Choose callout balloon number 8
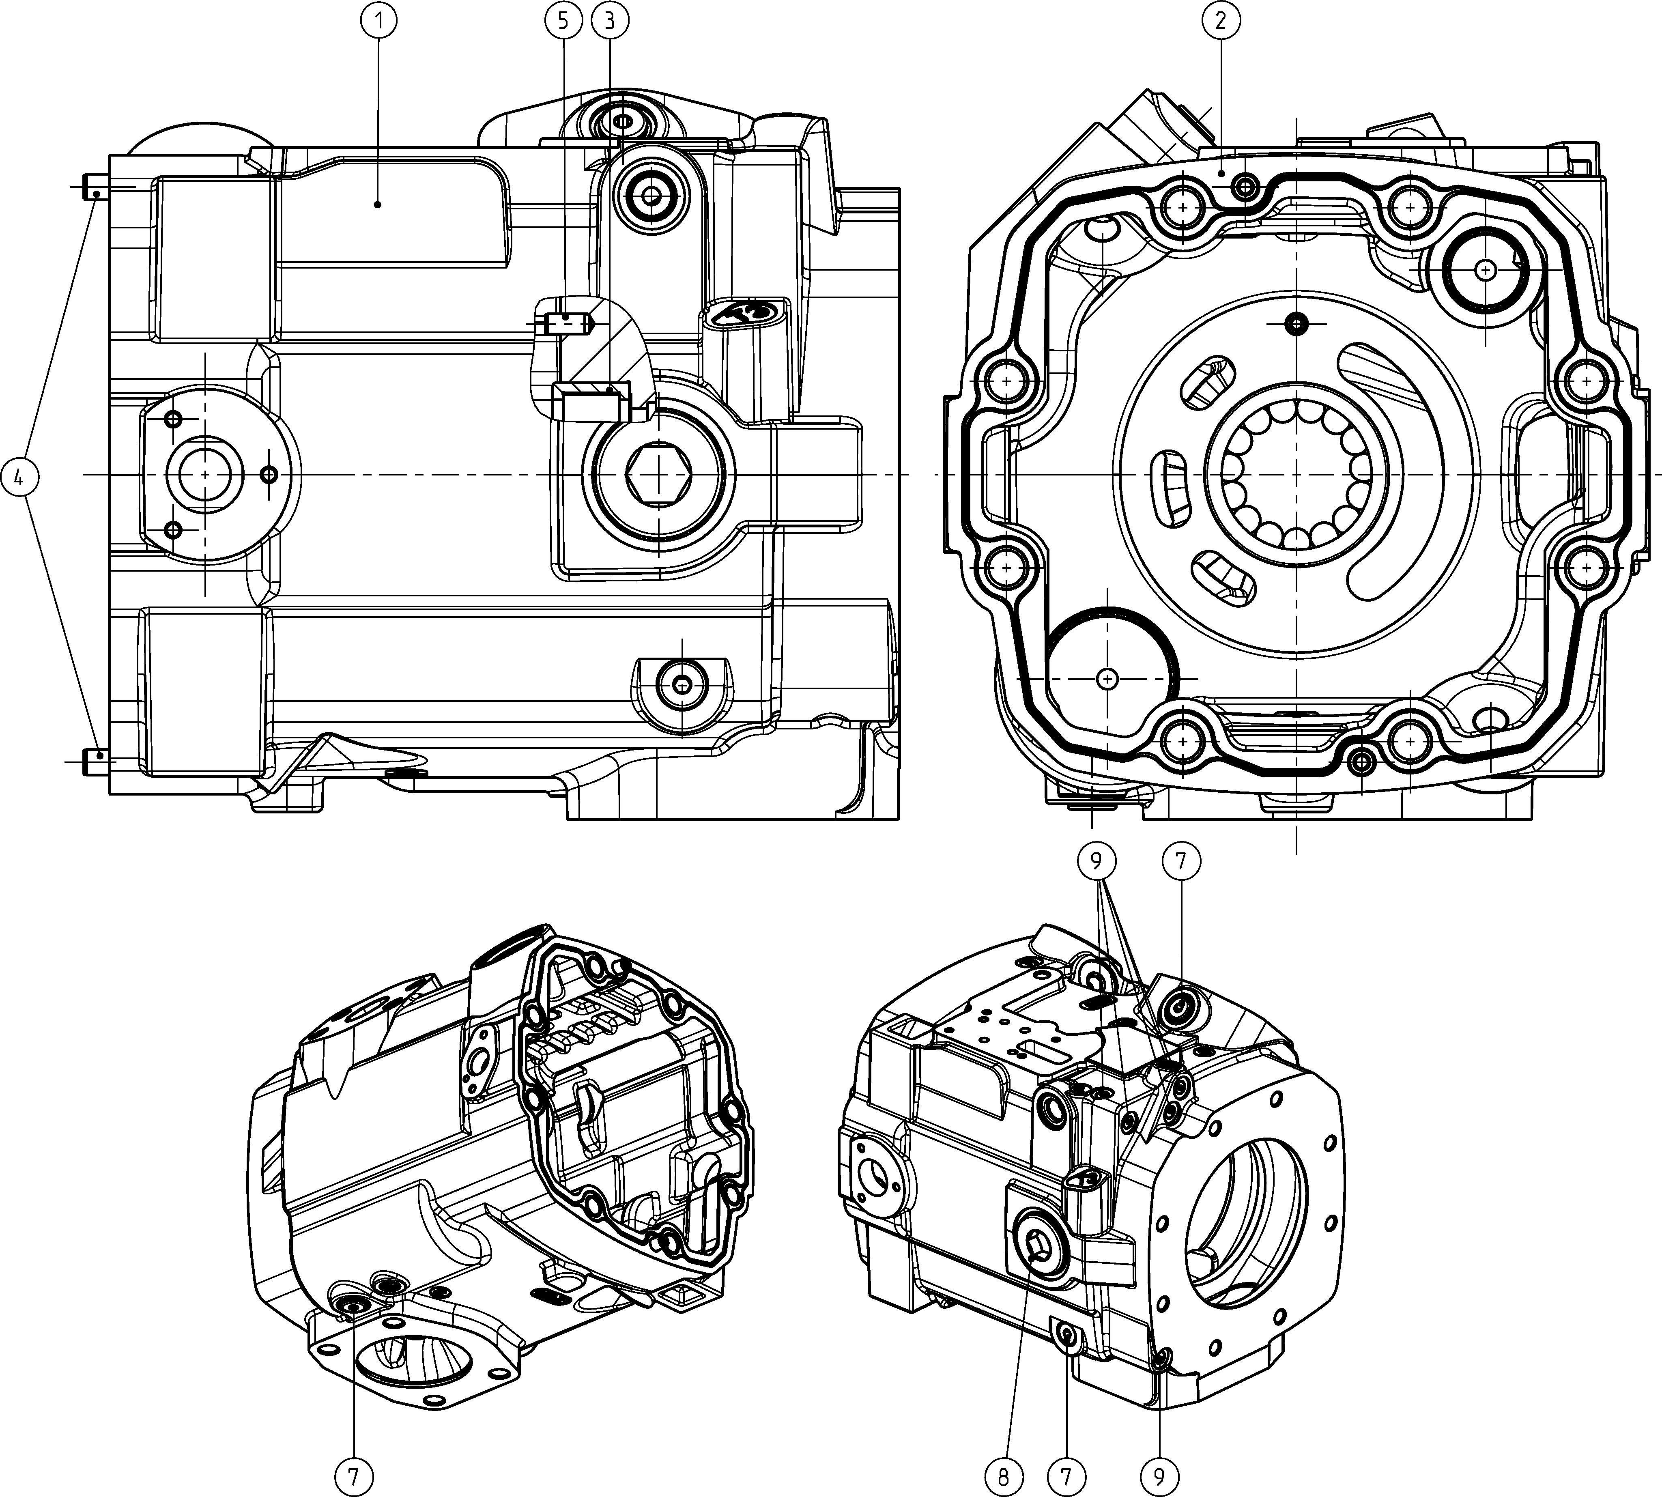click(1003, 1477)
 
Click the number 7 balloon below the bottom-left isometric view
click(354, 1477)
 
